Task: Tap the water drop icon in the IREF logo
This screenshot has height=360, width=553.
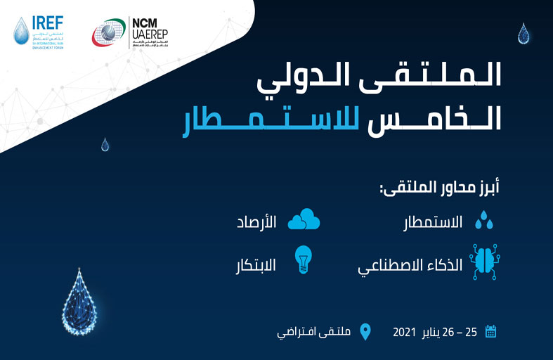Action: point(21,31)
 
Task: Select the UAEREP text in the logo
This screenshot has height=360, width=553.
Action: point(155,35)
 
